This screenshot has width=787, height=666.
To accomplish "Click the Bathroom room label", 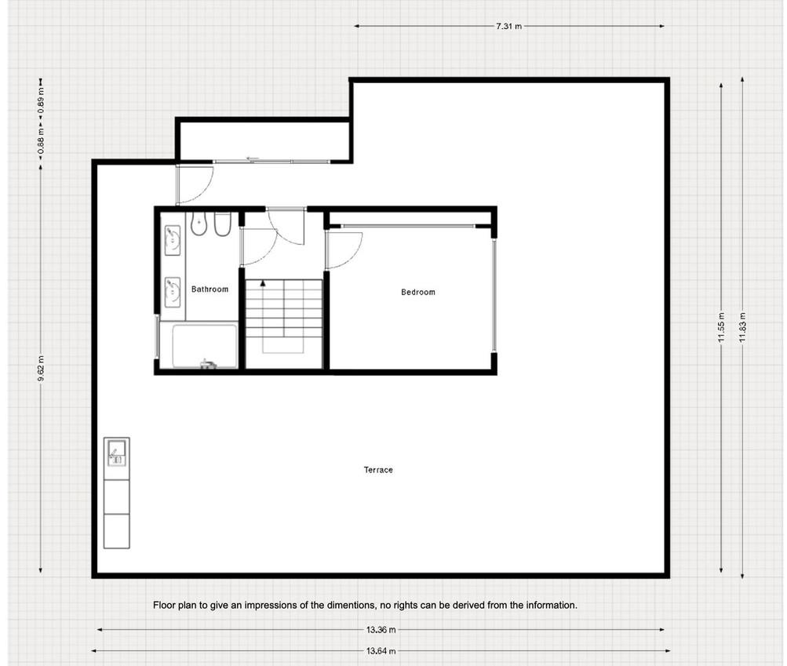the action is point(210,289).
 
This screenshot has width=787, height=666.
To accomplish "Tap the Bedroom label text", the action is point(418,292).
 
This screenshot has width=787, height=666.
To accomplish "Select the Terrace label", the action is point(378,470).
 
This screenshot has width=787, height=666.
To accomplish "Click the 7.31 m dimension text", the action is point(509,26).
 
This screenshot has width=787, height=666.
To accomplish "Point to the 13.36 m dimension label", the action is point(381,629).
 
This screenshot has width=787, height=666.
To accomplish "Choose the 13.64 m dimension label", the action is point(381,651).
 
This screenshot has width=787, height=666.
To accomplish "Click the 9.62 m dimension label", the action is point(41,368).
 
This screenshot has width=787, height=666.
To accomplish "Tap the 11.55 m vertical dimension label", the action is point(722,328).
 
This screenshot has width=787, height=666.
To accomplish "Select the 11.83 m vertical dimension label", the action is point(743,328).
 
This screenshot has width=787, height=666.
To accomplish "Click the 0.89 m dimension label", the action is point(41,100).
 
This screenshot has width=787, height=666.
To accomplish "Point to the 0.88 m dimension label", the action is point(41,141).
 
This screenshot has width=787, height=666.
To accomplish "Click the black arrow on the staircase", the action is point(263,283).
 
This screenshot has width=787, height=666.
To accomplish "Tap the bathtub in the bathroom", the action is point(205,346).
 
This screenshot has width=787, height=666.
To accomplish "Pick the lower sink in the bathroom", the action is point(173,292).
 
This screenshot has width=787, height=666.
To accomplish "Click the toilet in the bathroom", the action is point(199,224).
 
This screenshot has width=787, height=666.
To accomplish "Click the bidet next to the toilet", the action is point(222,224).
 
